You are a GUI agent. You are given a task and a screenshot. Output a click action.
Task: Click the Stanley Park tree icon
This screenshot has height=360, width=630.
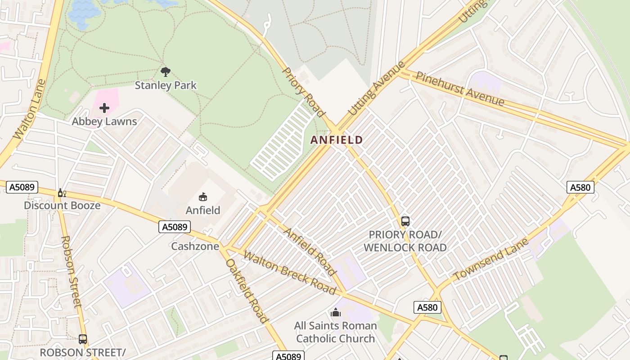click(x=166, y=72)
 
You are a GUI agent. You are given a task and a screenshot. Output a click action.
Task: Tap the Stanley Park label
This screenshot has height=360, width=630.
click(x=166, y=85)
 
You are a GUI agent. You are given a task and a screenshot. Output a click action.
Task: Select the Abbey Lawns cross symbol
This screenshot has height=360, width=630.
click(x=104, y=108)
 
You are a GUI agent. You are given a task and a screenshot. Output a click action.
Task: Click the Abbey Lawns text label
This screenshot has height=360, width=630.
click(x=104, y=121)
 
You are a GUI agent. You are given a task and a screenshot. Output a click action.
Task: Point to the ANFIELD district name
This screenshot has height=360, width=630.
click(x=336, y=140)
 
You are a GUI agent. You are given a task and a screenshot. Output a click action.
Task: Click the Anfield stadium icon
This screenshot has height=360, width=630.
click(x=203, y=197)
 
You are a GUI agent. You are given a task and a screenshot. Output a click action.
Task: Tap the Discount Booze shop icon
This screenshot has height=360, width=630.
click(x=62, y=193)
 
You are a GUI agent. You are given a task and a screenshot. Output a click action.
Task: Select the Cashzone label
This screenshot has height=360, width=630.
click(x=195, y=246)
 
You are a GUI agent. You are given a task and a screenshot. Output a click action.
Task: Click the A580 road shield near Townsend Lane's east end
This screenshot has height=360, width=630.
click(x=580, y=187)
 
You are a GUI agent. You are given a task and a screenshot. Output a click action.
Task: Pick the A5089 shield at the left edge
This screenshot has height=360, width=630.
click(x=22, y=187)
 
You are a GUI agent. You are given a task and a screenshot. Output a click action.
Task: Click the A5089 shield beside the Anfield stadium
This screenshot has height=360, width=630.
click(x=175, y=227)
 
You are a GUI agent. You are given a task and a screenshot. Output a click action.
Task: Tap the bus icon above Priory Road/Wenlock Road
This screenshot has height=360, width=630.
click(x=405, y=221)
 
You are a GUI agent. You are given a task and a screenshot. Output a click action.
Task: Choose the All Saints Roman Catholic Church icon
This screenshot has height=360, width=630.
click(x=335, y=312)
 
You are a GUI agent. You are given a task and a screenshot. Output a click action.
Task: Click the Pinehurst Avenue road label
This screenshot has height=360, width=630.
click(x=459, y=89)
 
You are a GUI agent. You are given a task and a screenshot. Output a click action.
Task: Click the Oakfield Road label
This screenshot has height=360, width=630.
click(x=247, y=291)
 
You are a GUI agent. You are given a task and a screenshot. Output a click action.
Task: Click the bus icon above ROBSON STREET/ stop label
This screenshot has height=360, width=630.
click(x=82, y=339)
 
